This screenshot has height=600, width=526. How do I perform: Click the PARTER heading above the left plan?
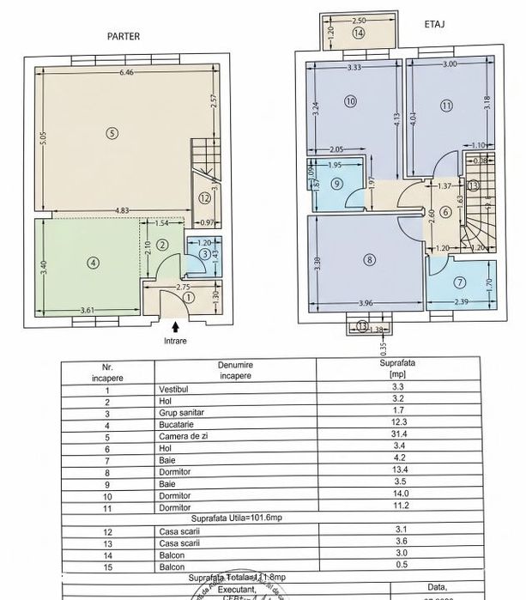[123, 36]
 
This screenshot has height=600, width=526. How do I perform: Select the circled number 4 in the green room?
[93, 264]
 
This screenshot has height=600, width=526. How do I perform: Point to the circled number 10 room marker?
[349, 101]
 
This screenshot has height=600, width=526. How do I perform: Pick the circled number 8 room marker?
[370, 259]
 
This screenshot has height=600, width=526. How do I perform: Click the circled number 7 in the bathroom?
[459, 282]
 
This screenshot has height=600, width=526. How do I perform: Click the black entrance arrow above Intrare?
[176, 327]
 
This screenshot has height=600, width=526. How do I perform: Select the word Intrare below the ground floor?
[176, 340]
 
